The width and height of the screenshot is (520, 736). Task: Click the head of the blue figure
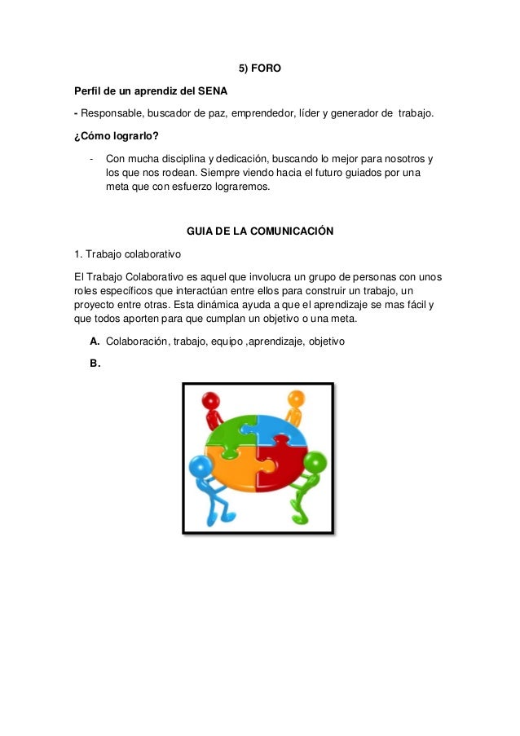pyautogui.click(x=200, y=467)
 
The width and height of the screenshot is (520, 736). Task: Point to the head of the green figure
pyautogui.click(x=314, y=462)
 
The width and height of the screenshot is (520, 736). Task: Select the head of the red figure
pyautogui.click(x=212, y=401)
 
